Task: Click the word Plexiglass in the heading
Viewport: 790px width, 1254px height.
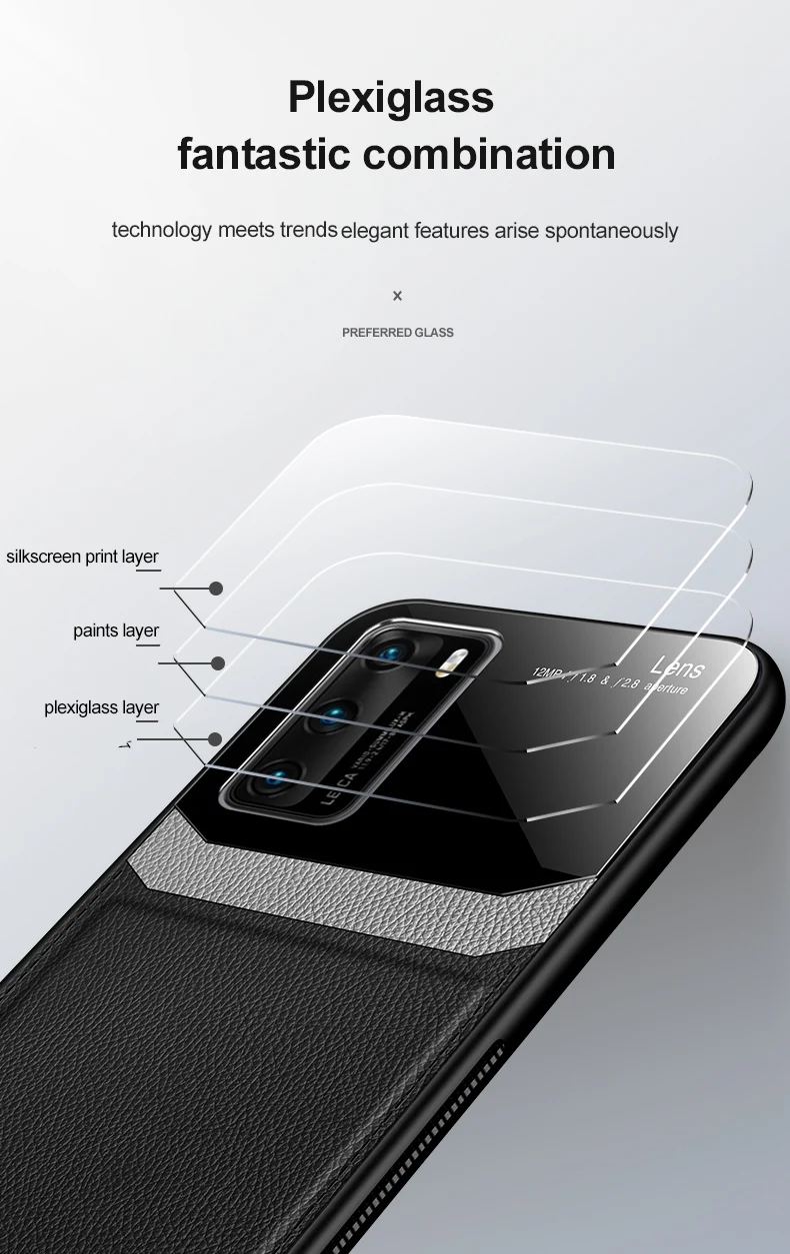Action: tap(391, 98)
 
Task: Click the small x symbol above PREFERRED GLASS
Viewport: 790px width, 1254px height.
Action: tap(397, 296)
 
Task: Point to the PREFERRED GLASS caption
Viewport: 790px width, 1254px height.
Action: tap(398, 332)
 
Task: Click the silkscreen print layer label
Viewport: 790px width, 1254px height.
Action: tap(83, 557)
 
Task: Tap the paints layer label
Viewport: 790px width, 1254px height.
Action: tap(116, 630)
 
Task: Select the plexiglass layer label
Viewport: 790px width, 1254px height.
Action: tap(102, 707)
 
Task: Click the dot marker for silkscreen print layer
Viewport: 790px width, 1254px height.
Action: tap(216, 589)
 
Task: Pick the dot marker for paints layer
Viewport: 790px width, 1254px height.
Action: tap(218, 662)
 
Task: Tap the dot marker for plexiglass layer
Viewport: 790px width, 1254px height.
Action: tap(215, 739)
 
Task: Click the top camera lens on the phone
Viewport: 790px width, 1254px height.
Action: tap(383, 654)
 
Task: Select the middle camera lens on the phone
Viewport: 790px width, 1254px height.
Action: tap(329, 713)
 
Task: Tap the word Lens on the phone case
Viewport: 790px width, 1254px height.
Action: tap(677, 667)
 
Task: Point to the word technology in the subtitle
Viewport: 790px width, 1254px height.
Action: tap(162, 230)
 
